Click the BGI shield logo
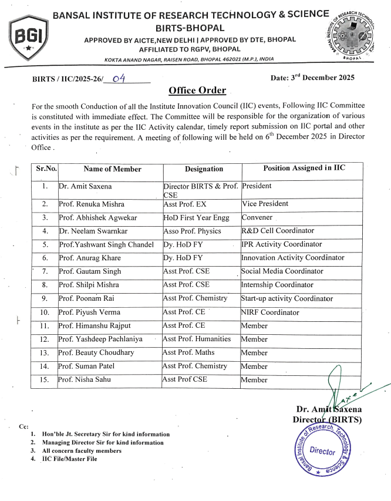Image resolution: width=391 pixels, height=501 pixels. [28, 38]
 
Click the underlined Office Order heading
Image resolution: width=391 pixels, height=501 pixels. [197, 90]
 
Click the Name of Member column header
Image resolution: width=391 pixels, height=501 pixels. [112, 169]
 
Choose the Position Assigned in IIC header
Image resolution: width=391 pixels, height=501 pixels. [304, 169]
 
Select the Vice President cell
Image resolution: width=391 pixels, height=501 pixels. [265, 204]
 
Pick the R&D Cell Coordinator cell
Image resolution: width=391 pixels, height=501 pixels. [278, 231]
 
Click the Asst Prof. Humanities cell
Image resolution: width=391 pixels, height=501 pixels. [197, 339]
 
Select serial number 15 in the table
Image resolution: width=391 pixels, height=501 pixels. [45, 380]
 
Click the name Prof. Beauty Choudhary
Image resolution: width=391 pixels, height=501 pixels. [96, 353]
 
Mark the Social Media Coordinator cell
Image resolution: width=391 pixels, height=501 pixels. [282, 271]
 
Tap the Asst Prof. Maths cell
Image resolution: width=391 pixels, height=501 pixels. [188, 352]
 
